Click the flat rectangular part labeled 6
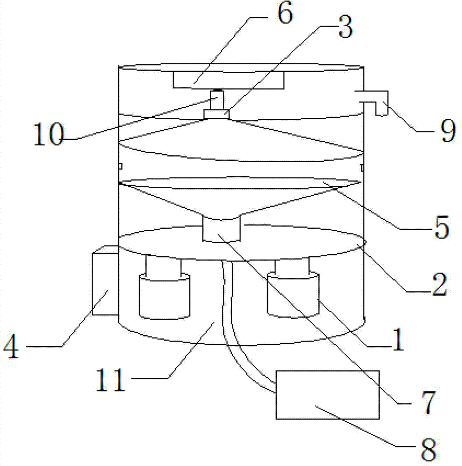(x=228, y=80)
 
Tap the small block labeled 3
(x=217, y=114)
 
